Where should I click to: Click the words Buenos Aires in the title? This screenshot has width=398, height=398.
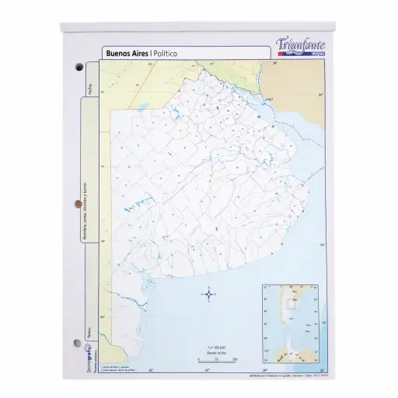point(127,53)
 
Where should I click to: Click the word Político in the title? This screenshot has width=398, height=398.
point(171,53)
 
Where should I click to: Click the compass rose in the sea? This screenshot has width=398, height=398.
point(208,293)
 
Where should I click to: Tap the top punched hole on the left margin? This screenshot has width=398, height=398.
point(79,68)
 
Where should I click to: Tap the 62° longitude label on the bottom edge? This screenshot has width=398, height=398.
point(152,368)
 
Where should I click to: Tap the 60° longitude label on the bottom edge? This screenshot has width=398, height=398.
point(208,368)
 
